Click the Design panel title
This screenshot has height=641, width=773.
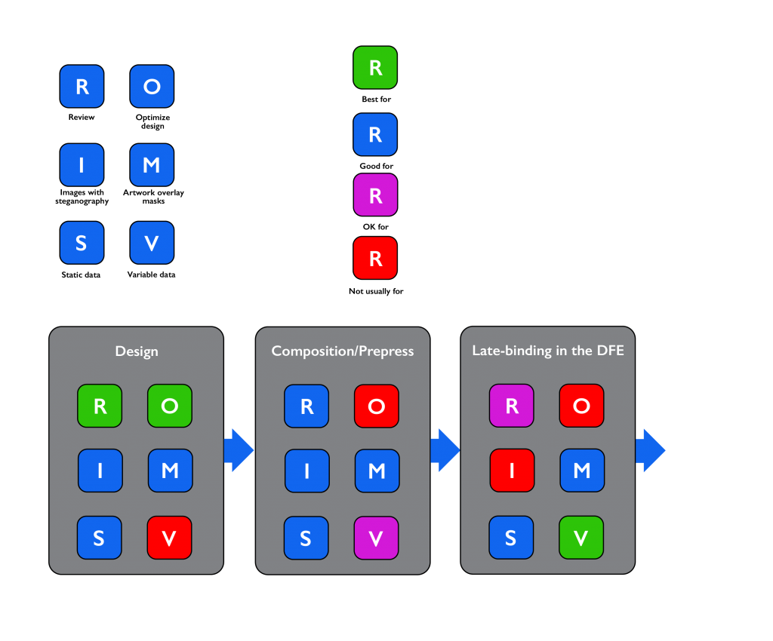(x=137, y=351)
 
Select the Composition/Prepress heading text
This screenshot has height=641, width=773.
(x=343, y=351)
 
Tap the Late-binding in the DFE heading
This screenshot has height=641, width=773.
(x=548, y=351)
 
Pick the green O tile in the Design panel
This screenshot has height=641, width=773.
(x=170, y=406)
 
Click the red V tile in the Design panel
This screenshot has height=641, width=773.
(x=170, y=538)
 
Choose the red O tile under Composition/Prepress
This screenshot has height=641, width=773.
(x=376, y=406)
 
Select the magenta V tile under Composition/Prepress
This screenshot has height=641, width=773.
(x=376, y=538)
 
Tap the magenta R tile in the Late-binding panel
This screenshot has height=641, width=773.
(x=511, y=406)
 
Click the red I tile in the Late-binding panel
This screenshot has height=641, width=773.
(x=511, y=471)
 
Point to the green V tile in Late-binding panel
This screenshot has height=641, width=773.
(x=581, y=538)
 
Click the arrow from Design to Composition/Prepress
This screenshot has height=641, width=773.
(x=239, y=450)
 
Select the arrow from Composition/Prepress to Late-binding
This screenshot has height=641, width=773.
(x=445, y=450)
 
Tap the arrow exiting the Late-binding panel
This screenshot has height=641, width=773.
(x=650, y=450)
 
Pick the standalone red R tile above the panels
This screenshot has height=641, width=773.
(x=375, y=258)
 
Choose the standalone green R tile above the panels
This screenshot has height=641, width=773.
(x=375, y=68)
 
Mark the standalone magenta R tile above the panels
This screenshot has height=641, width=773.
(x=375, y=195)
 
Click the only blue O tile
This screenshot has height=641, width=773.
(x=152, y=86)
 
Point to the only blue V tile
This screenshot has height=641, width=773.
(x=152, y=243)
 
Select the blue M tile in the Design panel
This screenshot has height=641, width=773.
(x=170, y=471)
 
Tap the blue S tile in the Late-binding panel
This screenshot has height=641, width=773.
(x=511, y=538)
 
